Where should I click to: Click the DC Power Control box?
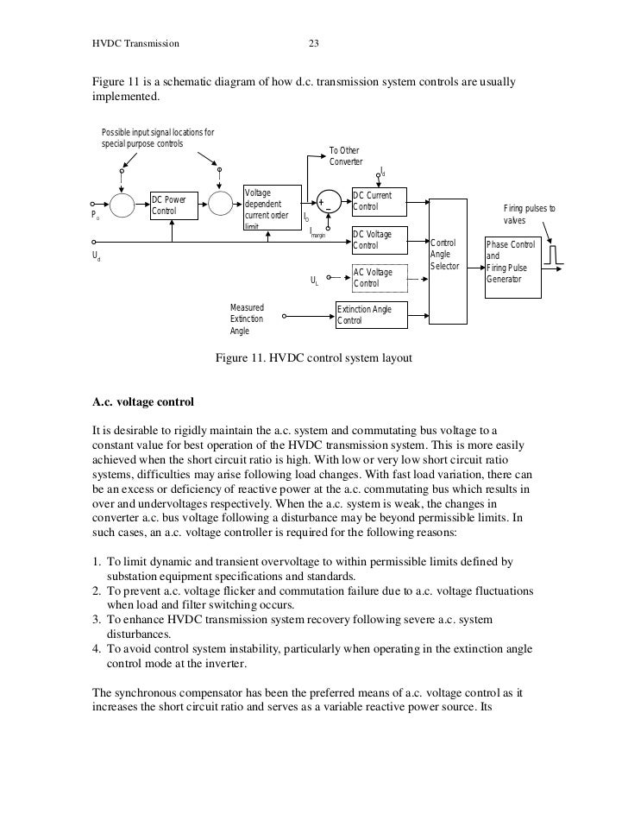(x=174, y=205)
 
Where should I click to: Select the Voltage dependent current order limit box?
(x=272, y=207)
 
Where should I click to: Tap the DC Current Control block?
(x=379, y=201)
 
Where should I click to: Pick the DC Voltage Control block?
(x=379, y=241)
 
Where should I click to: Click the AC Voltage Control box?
(x=379, y=278)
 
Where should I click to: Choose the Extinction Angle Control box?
(x=371, y=315)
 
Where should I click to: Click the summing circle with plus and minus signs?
(x=327, y=204)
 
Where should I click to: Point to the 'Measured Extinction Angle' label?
(x=248, y=319)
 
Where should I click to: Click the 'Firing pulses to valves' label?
(x=530, y=215)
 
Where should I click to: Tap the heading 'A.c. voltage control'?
(x=143, y=402)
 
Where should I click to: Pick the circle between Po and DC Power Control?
(x=122, y=205)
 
